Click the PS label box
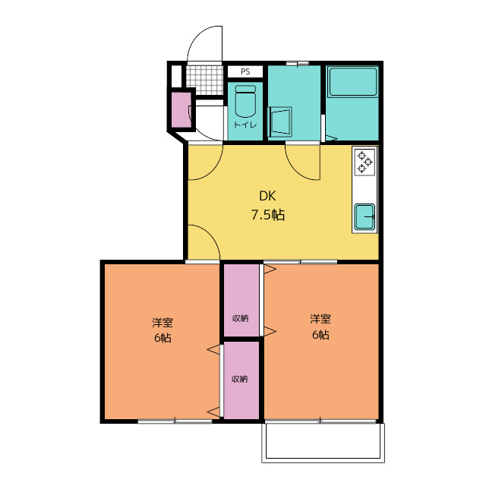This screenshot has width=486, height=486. (x=245, y=71)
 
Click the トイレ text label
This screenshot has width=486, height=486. (x=245, y=125)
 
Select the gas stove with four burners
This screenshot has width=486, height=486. (x=365, y=160)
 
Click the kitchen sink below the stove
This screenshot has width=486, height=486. (x=365, y=217)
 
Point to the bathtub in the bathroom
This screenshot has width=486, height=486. (x=352, y=84)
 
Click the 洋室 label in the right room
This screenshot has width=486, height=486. (x=320, y=318)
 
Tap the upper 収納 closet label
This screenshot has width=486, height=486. (x=240, y=318)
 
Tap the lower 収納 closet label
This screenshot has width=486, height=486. (x=240, y=379)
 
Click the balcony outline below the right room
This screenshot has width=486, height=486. (x=323, y=442)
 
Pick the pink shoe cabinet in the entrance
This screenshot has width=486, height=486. (x=180, y=109)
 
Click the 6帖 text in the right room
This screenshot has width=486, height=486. (x=320, y=335)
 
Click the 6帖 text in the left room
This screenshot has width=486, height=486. (x=162, y=338)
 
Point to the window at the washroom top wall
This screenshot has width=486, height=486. (x=297, y=63)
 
